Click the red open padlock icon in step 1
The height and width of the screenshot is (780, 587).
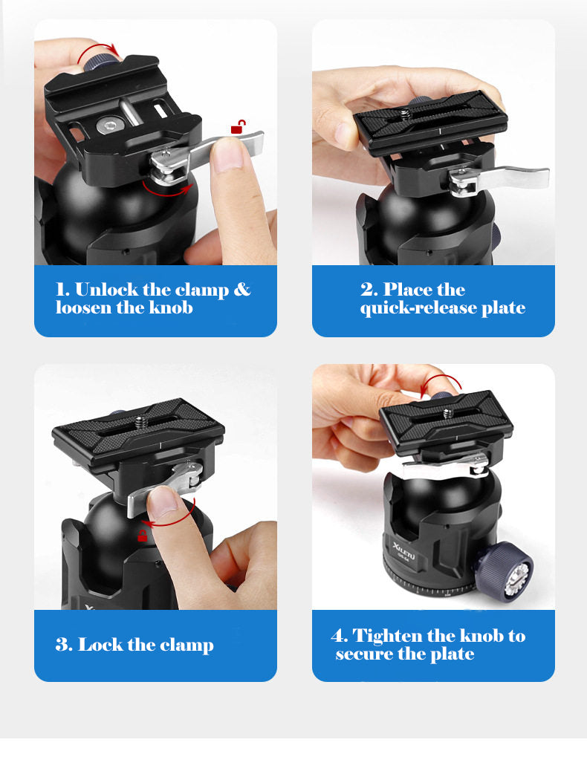[239, 127]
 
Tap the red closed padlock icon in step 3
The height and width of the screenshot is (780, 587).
[142, 536]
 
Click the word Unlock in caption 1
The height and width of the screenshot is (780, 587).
[106, 290]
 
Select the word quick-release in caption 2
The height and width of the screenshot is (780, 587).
[419, 308]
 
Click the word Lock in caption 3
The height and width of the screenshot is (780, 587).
[100, 645]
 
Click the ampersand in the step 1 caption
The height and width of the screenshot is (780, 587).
[241, 290]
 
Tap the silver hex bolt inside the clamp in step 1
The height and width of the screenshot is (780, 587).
[108, 126]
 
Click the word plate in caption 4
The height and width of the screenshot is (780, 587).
[452, 654]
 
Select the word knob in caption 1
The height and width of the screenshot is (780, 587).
[171, 308]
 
